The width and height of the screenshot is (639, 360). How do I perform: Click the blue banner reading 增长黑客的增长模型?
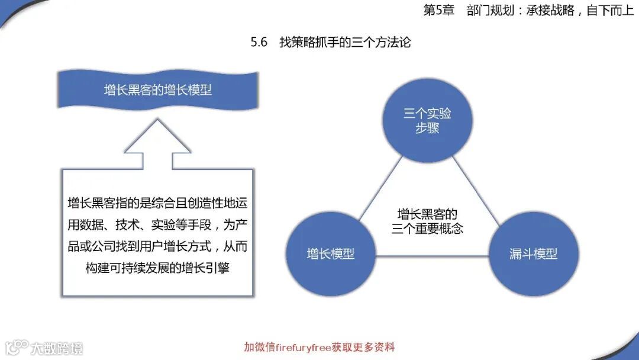tap(158, 91)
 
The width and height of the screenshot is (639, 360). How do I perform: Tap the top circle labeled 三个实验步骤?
tap(427, 121)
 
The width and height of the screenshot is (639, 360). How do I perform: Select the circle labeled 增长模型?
tap(331, 253)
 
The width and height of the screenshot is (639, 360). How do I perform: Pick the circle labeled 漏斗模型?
tap(533, 253)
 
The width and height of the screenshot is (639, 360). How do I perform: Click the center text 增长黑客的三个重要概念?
tap(427, 221)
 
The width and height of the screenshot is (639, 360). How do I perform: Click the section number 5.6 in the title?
tap(259, 43)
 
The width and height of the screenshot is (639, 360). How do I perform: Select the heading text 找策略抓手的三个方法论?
tap(344, 43)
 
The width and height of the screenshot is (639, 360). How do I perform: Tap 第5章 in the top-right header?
tap(438, 11)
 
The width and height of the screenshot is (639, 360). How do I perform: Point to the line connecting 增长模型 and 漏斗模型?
tap(432, 256)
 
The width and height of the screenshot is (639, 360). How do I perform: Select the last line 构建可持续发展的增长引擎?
tap(157, 268)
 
